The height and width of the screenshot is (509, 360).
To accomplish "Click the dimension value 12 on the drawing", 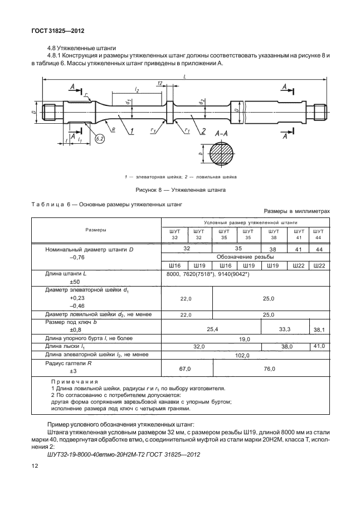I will coord(160,83).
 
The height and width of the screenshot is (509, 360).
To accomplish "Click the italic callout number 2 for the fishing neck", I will coord(203,131).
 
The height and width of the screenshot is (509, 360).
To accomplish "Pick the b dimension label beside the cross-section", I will coord(200,153).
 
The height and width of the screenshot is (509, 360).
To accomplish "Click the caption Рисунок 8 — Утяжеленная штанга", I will coord(181,190).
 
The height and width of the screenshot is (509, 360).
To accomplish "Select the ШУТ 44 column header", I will coord(318,234).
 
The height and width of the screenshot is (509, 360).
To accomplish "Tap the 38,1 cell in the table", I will coord(319,330).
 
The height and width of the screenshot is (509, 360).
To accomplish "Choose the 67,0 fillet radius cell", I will coord(186,369).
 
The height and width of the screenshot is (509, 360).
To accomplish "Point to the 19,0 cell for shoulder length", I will coord(244,338).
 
